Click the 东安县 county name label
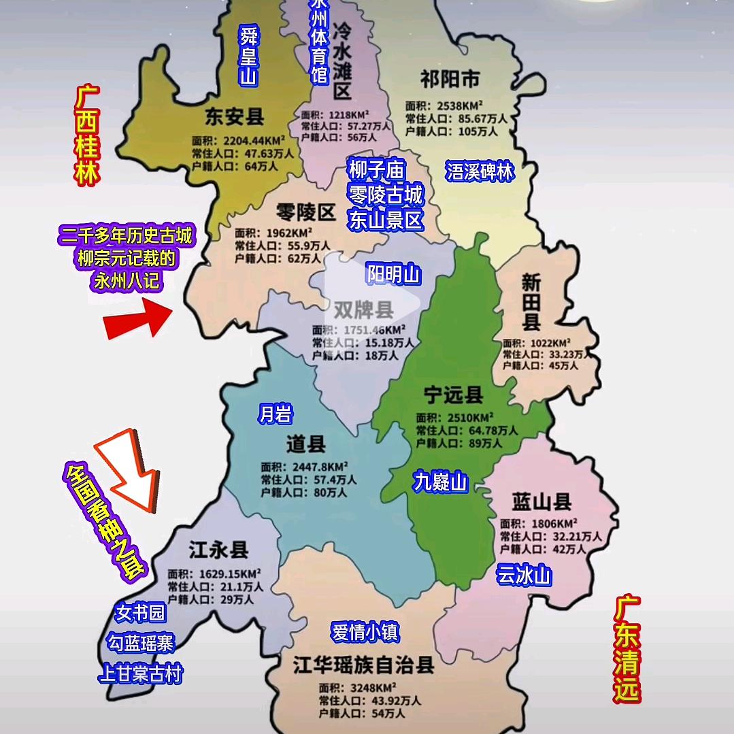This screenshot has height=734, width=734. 235,116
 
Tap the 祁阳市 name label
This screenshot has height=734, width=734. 450,80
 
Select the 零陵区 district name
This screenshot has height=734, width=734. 307,213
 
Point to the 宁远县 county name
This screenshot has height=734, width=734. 453,395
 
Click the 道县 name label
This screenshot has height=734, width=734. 306,445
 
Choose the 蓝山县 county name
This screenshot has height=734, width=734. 541,503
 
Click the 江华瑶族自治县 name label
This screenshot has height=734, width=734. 364,665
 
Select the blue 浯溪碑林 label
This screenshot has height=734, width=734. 480,171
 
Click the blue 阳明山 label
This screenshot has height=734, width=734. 394,275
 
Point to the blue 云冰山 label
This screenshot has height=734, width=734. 523,575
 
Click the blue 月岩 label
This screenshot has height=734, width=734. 275,414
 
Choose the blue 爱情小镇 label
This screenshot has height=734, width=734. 365,632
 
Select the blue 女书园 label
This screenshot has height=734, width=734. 140,613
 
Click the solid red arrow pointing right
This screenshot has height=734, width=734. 137,319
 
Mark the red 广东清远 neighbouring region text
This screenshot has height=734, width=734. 627,649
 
